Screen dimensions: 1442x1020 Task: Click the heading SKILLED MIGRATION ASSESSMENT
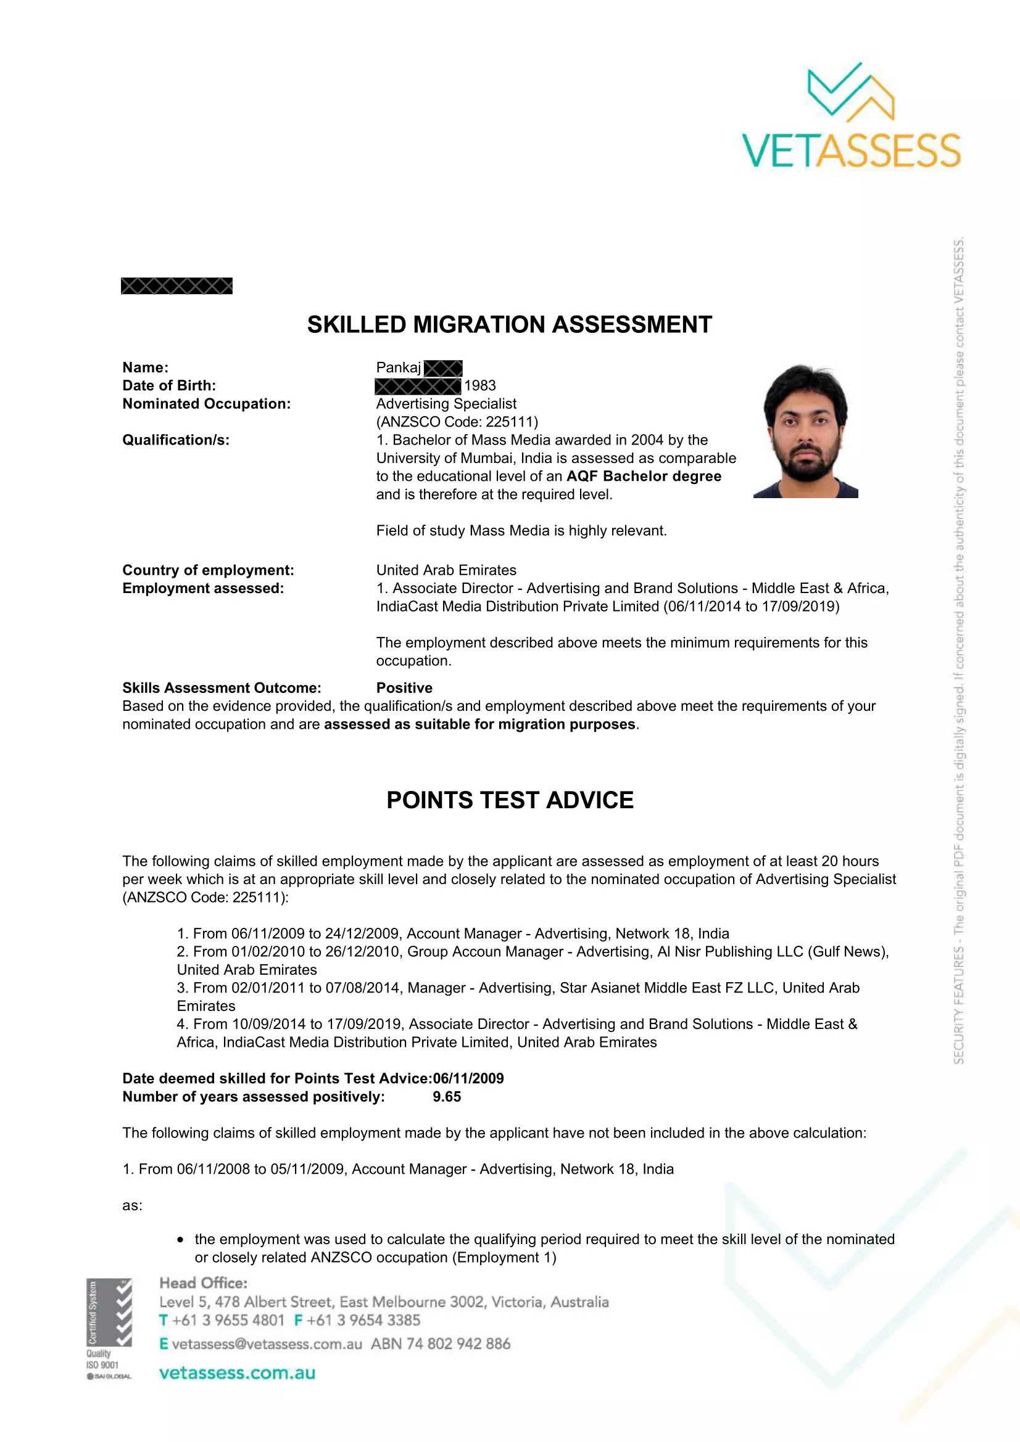(x=509, y=325)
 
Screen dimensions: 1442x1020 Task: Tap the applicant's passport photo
(x=806, y=431)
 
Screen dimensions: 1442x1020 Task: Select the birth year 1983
(x=480, y=385)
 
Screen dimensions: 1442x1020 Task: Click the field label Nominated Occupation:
(x=206, y=404)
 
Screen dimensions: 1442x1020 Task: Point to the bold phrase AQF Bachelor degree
(x=644, y=476)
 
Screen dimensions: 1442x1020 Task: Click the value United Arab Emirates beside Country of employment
(x=446, y=570)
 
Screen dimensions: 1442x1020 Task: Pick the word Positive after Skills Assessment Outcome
(x=404, y=688)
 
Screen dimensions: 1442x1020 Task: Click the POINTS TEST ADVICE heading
(x=510, y=800)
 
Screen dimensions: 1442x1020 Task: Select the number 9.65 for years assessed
(x=447, y=1097)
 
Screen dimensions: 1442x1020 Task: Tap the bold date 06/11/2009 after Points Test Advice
(x=468, y=1078)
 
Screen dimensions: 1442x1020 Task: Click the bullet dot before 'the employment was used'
(x=181, y=1240)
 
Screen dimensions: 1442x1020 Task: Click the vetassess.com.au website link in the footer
(x=237, y=1373)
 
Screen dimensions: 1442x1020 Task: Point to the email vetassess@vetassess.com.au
(x=267, y=1344)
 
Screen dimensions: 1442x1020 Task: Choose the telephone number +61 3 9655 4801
(x=228, y=1320)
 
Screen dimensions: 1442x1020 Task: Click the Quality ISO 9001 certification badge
(x=109, y=1329)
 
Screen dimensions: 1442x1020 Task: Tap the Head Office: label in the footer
(x=204, y=1283)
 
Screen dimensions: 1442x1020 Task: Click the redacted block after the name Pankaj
(x=443, y=368)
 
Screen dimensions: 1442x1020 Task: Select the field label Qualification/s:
(x=176, y=440)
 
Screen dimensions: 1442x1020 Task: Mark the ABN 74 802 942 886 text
(x=441, y=1344)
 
